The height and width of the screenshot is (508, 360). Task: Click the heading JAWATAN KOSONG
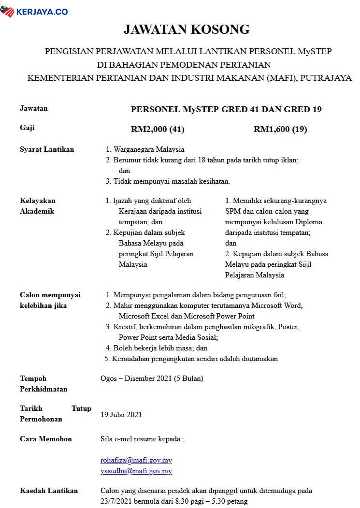[x=187, y=29]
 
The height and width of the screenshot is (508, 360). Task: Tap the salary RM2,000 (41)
[x=158, y=129]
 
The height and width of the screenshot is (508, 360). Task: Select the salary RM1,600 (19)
[x=280, y=129]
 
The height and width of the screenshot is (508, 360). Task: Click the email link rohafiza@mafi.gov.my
[x=136, y=460]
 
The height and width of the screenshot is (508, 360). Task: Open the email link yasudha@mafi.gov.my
[x=136, y=471]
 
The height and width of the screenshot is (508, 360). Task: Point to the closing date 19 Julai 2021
[x=121, y=414]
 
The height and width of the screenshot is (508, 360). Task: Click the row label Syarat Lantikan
[x=47, y=149]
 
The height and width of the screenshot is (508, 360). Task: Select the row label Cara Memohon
[x=46, y=439]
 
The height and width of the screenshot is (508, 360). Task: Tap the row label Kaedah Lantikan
[x=49, y=491]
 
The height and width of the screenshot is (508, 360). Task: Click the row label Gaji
[x=27, y=128]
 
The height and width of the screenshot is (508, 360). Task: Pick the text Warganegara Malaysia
[x=149, y=149]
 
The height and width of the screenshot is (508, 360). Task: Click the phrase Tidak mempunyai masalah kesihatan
[x=172, y=181]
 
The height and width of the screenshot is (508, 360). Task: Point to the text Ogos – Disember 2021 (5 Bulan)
[x=152, y=378]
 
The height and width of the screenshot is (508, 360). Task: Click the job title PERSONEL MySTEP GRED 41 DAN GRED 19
[x=226, y=109]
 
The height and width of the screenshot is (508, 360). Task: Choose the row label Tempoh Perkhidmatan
[x=43, y=384]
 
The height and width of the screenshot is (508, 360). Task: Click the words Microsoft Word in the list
[x=280, y=305]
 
